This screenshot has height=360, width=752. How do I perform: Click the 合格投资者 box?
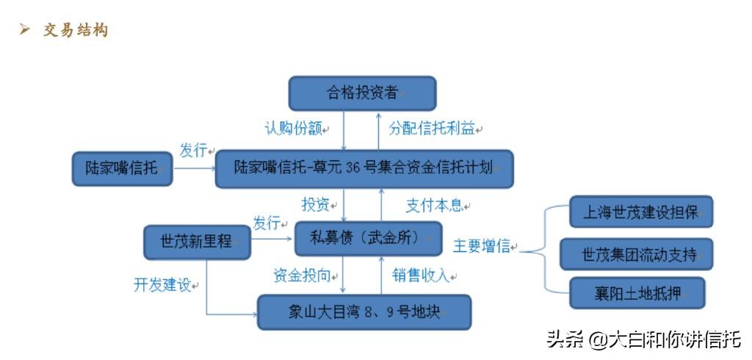click(x=362, y=93)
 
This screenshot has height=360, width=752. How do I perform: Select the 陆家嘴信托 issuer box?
click(x=122, y=169)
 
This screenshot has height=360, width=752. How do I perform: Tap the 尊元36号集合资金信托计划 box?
click(x=364, y=169)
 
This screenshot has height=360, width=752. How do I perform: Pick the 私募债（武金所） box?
click(x=368, y=239)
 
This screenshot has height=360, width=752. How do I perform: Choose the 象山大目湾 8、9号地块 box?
click(x=364, y=312)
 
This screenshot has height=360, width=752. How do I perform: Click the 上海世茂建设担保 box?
click(x=640, y=212)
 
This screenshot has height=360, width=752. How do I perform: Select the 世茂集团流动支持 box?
click(x=636, y=254)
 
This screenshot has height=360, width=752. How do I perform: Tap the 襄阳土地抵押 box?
click(x=637, y=293)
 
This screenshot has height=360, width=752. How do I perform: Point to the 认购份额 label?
click(x=293, y=129)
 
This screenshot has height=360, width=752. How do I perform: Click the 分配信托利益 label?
click(x=432, y=129)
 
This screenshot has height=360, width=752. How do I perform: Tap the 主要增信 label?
click(x=482, y=246)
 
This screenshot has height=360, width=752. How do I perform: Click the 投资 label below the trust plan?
click(x=316, y=205)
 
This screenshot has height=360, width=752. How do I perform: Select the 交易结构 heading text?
click(x=76, y=30)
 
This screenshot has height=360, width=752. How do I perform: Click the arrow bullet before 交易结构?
click(x=25, y=30)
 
